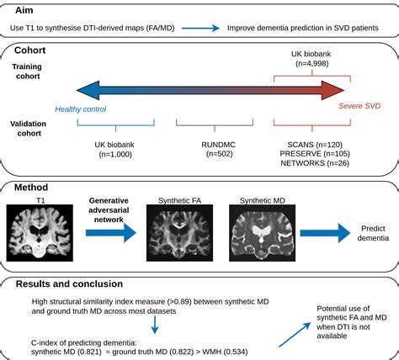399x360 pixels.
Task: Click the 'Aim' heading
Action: [x=24, y=10]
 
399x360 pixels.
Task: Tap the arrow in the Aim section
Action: [x=200, y=28]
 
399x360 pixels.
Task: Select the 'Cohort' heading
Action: [x=29, y=50]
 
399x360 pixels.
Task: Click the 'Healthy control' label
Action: [x=81, y=109]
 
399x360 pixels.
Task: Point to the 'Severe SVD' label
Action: [x=359, y=106]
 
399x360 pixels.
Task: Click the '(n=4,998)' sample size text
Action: [x=312, y=63]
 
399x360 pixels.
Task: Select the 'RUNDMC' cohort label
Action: [x=218, y=145]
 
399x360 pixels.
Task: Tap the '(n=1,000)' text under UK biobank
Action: [x=115, y=154]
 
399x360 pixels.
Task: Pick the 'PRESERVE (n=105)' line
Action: [x=315, y=154]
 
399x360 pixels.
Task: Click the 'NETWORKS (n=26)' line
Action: [x=315, y=163]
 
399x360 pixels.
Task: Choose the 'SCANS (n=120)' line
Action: [x=315, y=145]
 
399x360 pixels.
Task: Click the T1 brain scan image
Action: [x=40, y=233]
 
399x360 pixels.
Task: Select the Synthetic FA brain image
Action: [x=179, y=233]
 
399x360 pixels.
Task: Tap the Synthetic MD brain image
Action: [x=262, y=233]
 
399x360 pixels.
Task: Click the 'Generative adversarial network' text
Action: [x=109, y=210]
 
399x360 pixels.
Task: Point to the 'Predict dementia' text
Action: [x=373, y=233]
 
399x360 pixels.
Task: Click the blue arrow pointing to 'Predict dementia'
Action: [x=325, y=233]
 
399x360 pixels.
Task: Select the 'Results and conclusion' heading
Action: [x=69, y=283]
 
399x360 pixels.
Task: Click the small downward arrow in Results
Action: [x=155, y=326]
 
